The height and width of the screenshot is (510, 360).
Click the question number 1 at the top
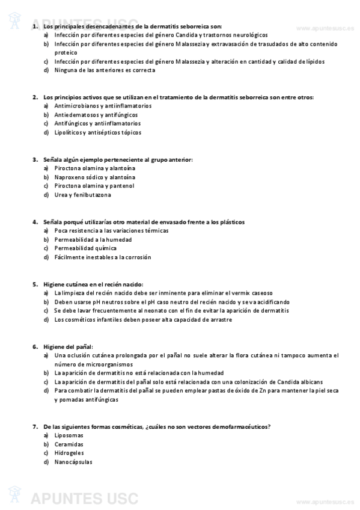click(x=34, y=26)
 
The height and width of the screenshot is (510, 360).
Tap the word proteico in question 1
click(x=66, y=52)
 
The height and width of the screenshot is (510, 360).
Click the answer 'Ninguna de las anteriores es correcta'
click(x=104, y=70)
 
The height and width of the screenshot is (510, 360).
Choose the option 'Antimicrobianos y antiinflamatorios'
click(x=103, y=105)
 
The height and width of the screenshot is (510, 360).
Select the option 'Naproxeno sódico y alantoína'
click(x=94, y=177)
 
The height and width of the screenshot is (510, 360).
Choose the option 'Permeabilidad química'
click(x=85, y=248)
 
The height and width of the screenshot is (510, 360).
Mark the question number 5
click(x=34, y=284)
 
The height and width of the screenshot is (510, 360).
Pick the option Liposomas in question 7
click(x=69, y=435)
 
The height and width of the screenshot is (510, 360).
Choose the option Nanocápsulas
click(x=73, y=462)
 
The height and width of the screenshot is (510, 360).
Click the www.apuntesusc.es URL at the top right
click(x=325, y=28)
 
